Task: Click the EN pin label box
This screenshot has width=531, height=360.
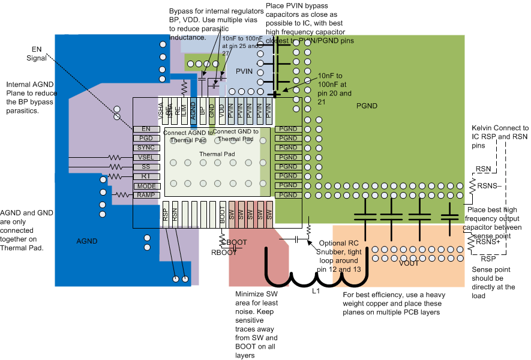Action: tap(146, 128)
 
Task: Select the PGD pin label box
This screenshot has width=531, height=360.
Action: tap(146, 138)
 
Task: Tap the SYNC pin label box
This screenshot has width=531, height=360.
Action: tap(146, 148)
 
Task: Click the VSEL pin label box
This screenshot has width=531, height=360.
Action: tap(146, 157)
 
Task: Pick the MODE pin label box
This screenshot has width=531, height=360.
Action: tap(146, 186)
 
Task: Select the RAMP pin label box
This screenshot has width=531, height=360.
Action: tap(146, 195)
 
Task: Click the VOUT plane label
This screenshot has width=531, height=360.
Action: tap(408, 263)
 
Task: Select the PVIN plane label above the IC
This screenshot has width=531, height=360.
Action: tap(244, 71)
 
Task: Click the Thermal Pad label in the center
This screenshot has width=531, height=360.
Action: tap(217, 154)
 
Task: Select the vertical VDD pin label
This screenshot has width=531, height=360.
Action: tap(221, 109)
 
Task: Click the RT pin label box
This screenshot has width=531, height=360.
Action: tap(146, 176)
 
